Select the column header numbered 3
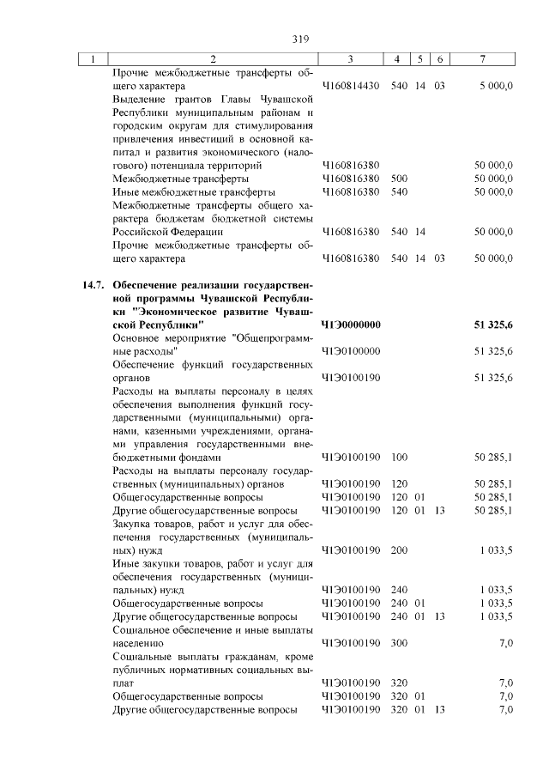(x=351, y=59)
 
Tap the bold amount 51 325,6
(x=492, y=325)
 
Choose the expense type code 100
(x=398, y=458)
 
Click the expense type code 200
(x=398, y=549)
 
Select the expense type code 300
(x=398, y=642)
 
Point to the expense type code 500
(x=398, y=178)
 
